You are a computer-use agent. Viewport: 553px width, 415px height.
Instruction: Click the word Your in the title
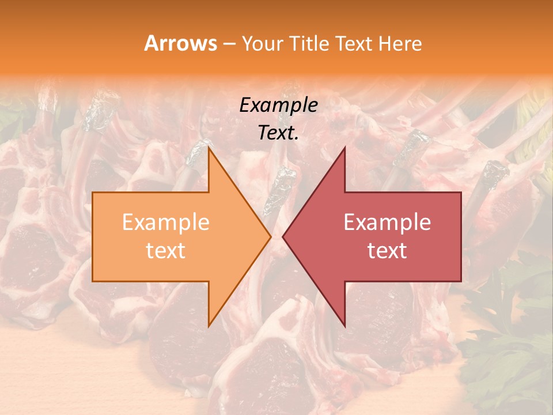[262, 43]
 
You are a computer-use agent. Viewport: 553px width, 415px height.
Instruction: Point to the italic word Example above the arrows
[279, 105]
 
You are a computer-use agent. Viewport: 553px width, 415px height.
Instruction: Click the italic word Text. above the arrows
[279, 133]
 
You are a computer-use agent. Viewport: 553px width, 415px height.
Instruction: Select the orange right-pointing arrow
[173, 236]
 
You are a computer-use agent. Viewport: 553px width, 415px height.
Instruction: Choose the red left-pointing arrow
[380, 236]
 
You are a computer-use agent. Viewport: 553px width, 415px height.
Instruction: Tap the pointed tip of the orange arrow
[271, 236]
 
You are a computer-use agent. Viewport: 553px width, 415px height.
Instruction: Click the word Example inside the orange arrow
[166, 222]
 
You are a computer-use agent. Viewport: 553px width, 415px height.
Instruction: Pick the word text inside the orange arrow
[166, 250]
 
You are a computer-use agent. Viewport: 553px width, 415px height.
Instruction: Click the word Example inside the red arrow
[387, 222]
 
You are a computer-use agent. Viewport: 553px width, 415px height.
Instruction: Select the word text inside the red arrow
[387, 250]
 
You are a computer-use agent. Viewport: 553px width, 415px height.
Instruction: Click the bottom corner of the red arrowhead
[344, 326]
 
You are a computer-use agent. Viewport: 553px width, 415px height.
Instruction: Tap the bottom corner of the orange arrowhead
[209, 326]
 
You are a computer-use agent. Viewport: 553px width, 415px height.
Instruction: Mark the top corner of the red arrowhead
[344, 148]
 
